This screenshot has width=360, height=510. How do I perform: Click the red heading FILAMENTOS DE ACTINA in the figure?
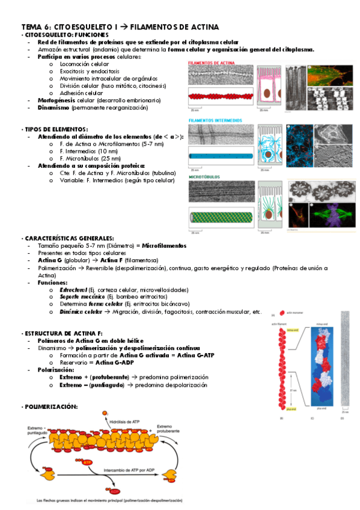(x=209, y=63)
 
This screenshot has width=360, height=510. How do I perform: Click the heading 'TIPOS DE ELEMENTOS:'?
(x=56, y=129)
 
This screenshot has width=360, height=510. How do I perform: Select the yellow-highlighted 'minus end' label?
(x=293, y=330)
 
